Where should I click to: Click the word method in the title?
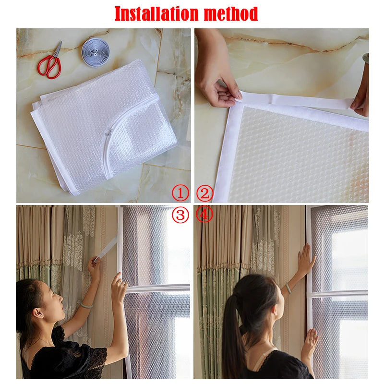[x=231, y=14]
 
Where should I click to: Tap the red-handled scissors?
[x=50, y=62]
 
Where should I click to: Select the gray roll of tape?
[x=95, y=52]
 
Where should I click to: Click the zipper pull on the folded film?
[x=109, y=132]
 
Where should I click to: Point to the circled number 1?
[x=180, y=193]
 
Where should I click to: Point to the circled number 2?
[x=205, y=193]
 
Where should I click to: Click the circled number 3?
[x=180, y=215]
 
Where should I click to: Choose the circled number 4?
[x=204, y=215]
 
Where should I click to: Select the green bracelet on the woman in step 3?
[x=86, y=305]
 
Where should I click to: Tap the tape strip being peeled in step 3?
[x=105, y=249]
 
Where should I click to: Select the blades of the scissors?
[x=58, y=48]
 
